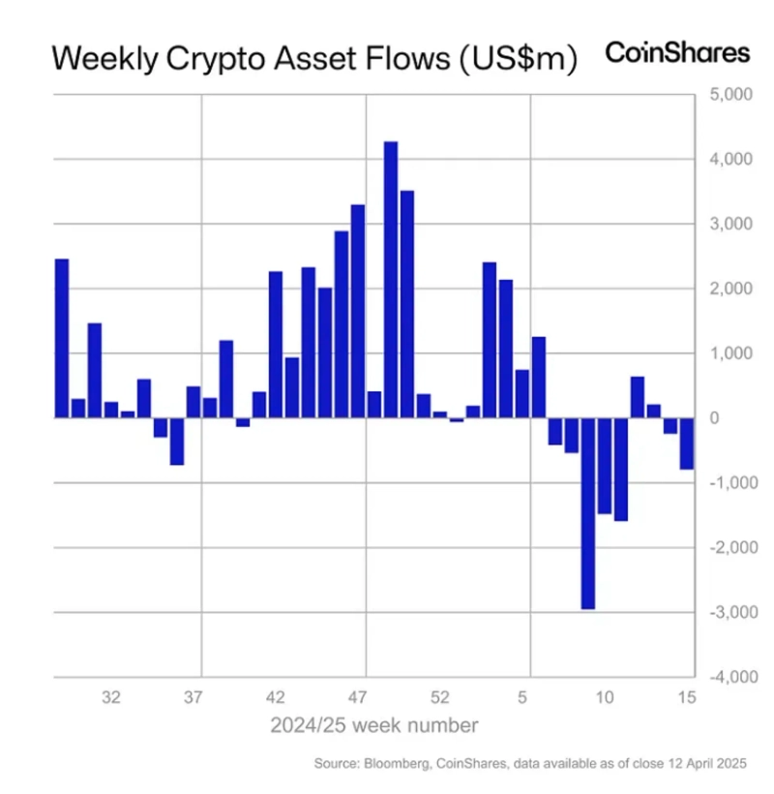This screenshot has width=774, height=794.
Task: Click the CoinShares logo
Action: [677, 53]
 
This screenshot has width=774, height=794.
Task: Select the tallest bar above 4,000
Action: [391, 280]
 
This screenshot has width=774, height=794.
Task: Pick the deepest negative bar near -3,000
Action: [587, 513]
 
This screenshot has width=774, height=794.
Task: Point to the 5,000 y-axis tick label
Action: [731, 95]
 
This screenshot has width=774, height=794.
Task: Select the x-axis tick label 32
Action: [111, 696]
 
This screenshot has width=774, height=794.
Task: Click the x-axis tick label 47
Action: [358, 696]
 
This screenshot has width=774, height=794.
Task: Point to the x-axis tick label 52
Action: [440, 696]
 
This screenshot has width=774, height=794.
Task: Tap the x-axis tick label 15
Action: [687, 696]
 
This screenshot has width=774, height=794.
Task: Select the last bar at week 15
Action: [687, 443]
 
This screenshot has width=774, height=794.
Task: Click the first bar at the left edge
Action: [62, 339]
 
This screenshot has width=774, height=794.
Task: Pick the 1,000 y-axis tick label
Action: [731, 353]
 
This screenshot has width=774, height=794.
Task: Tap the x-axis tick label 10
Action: [605, 696]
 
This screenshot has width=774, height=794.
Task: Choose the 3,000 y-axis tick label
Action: [731, 224]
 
